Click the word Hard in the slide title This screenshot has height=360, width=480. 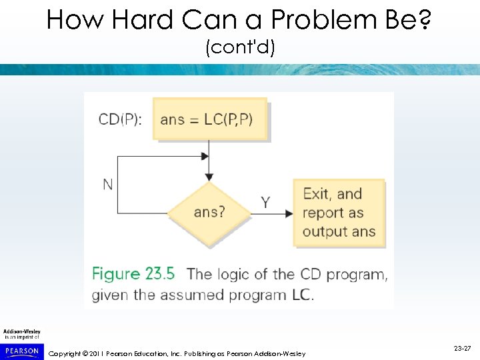[143, 20]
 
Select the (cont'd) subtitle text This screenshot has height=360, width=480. [240, 48]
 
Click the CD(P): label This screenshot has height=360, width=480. [120, 119]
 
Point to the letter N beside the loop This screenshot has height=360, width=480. [107, 185]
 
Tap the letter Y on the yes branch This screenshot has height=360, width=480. [265, 202]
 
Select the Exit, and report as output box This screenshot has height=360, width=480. [339, 213]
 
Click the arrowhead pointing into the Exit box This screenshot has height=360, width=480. [290, 213]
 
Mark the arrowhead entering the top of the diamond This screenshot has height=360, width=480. [209, 177]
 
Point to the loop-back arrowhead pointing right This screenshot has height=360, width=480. [205, 157]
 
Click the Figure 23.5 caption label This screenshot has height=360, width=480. [133, 274]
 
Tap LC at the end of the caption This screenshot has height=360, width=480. [302, 294]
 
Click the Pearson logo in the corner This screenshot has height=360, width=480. [21, 349]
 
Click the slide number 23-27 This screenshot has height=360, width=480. [463, 349]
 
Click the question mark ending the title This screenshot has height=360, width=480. [425, 20]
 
